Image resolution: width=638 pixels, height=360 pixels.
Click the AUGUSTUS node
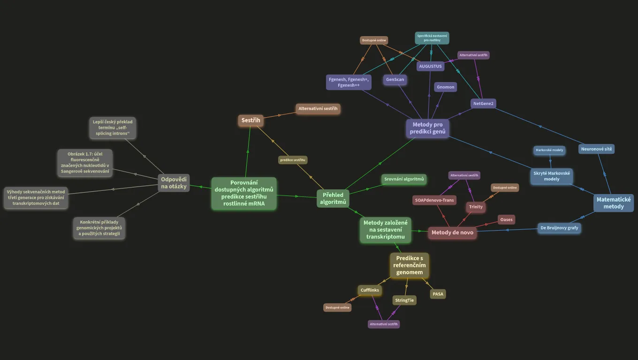tap(430, 66)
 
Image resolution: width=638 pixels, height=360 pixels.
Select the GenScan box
tap(395, 80)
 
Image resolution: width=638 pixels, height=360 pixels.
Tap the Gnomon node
tap(446, 87)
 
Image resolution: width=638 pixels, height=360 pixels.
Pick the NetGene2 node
tap(483, 104)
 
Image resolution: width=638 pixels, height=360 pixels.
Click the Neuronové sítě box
tap(596, 149)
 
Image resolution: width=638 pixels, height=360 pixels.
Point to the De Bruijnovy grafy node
tap(559, 228)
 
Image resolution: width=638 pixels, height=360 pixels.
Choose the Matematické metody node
tap(614, 203)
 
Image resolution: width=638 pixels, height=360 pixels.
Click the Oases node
tap(506, 220)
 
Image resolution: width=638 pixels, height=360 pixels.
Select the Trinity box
tap(476, 207)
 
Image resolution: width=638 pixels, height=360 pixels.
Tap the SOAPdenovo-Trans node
tap(434, 200)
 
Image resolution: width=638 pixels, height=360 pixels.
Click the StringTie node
tap(404, 300)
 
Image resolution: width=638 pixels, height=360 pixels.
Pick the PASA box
tap(438, 294)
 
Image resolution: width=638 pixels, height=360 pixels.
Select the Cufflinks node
tap(370, 290)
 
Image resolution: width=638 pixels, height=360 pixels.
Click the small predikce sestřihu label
tap(293, 160)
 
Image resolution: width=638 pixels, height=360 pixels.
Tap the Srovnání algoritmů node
tap(404, 179)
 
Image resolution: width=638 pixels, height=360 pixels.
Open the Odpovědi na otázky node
tap(174, 183)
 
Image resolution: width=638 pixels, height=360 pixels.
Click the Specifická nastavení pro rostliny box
tap(432, 38)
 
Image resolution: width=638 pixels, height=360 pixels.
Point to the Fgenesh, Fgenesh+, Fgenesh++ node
tap(349, 82)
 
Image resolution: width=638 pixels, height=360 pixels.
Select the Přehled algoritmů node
tap(333, 198)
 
